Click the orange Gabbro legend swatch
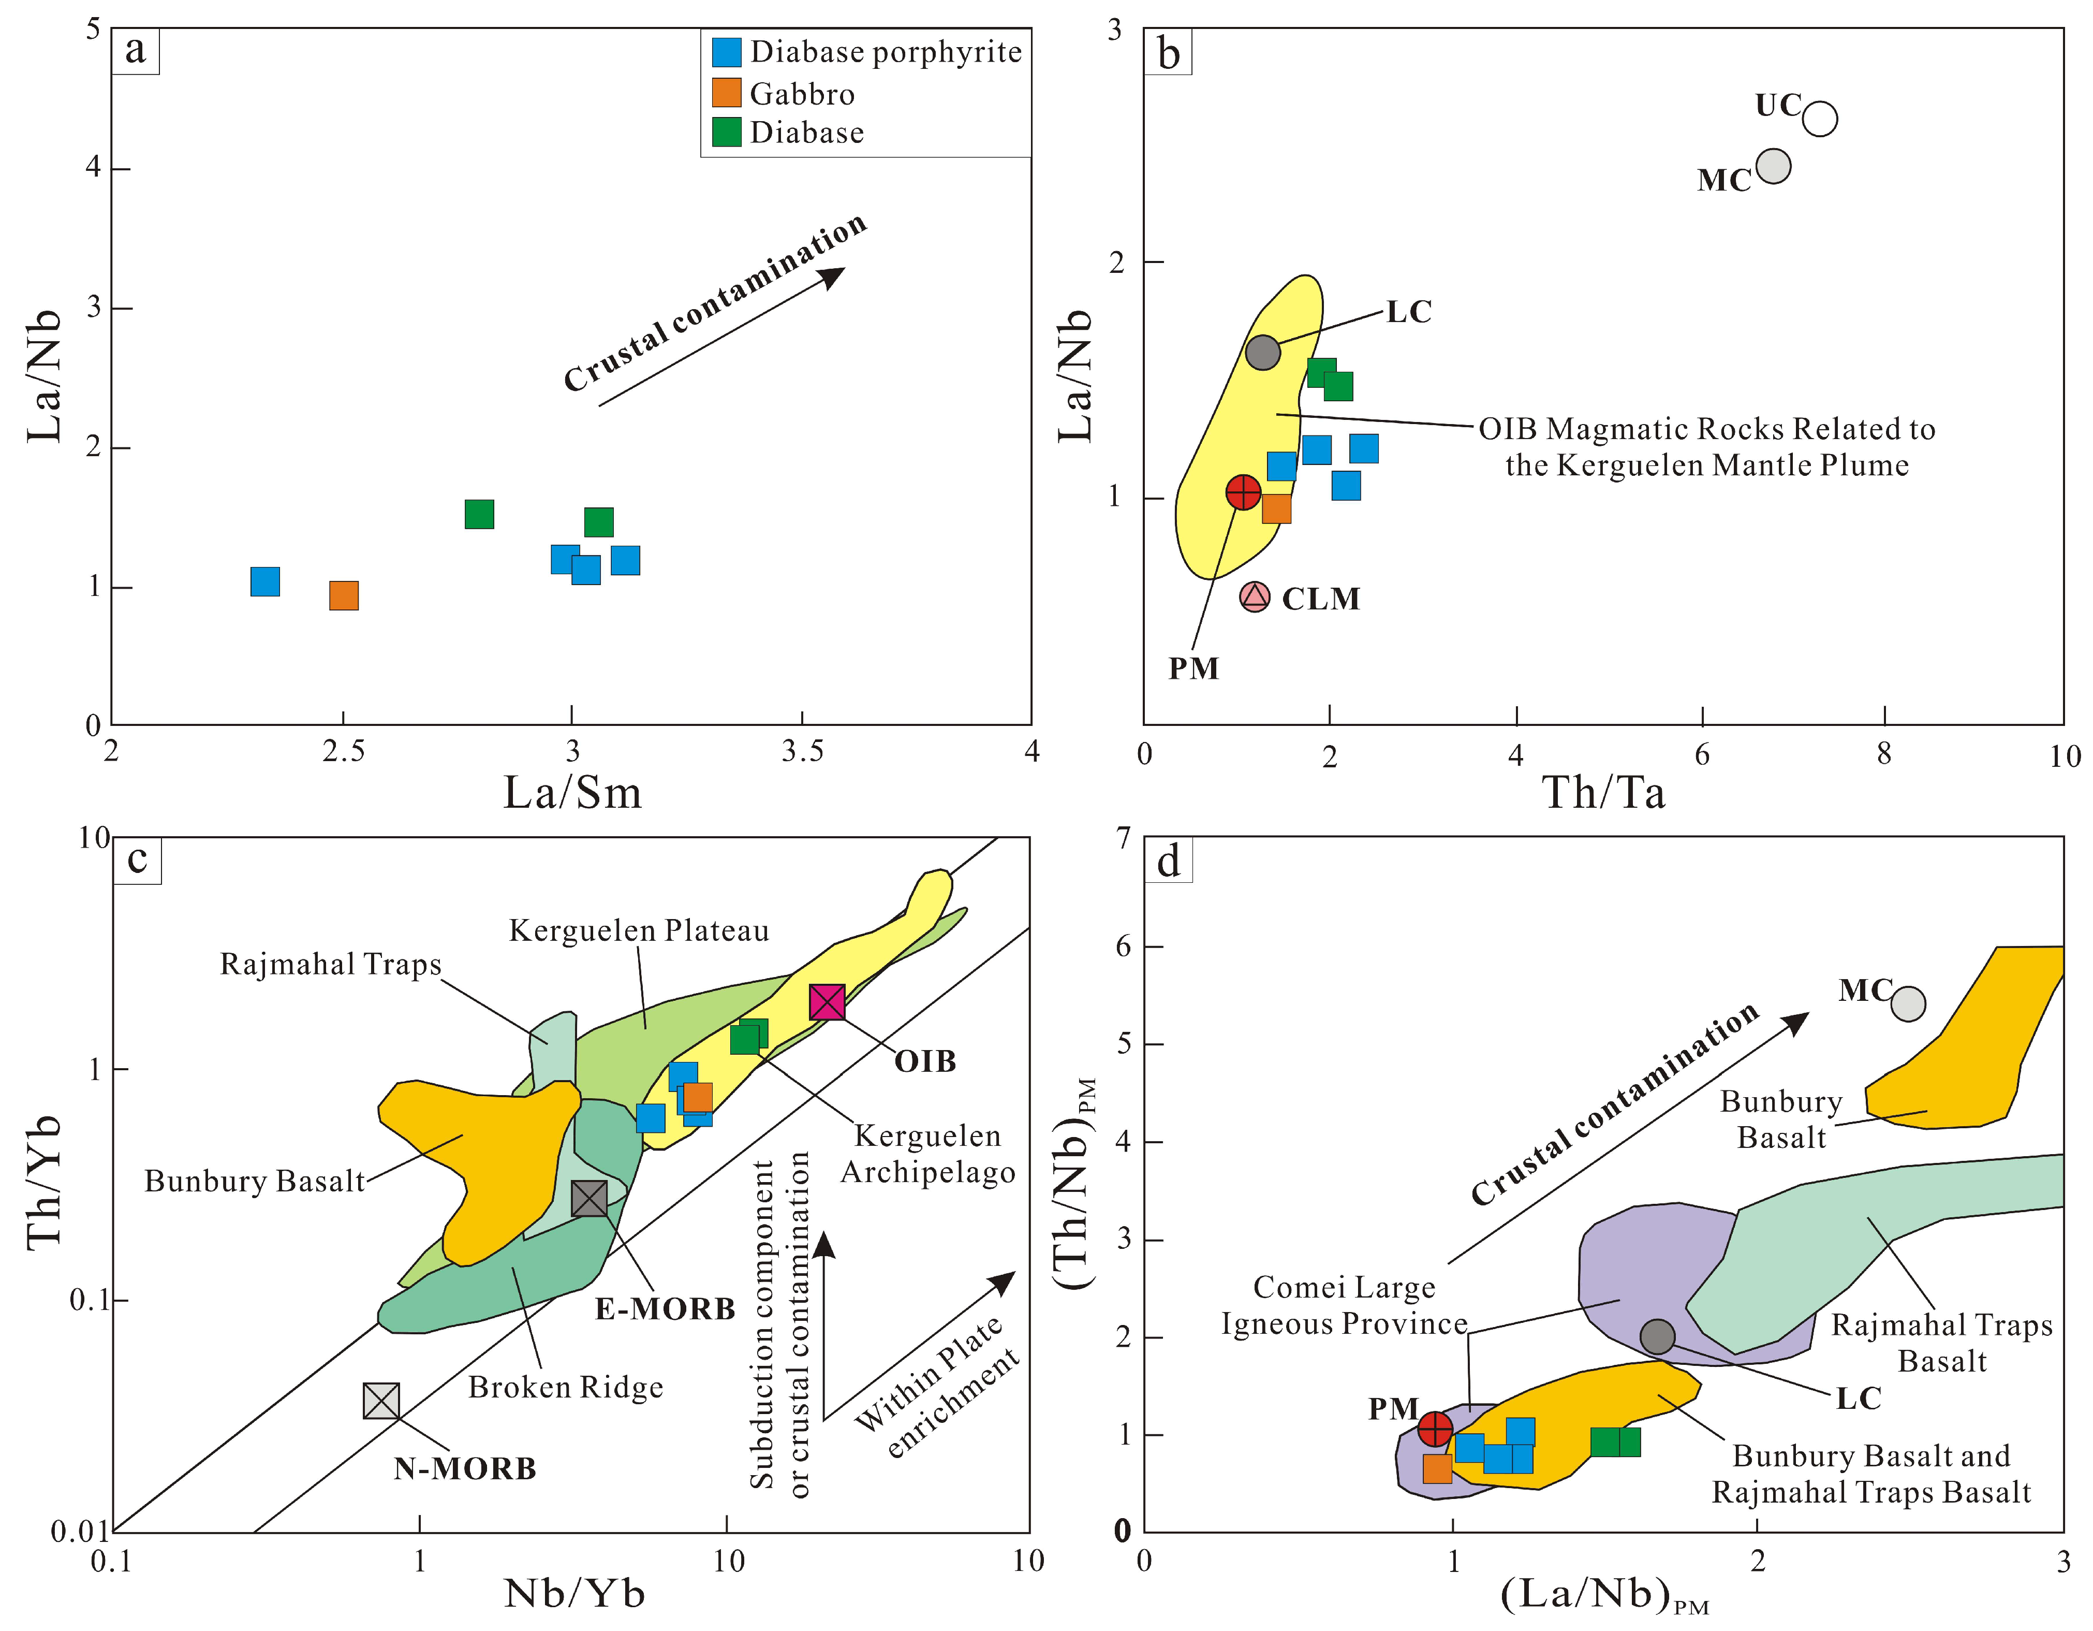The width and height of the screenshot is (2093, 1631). [727, 93]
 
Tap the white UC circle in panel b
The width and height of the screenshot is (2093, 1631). [1819, 119]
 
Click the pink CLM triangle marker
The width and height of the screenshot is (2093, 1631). [1255, 596]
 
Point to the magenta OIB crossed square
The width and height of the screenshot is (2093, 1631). [827, 1002]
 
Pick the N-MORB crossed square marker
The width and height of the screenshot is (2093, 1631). [381, 1401]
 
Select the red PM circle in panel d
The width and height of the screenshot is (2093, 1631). [1435, 1429]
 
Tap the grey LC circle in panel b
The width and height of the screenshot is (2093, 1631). [1262, 352]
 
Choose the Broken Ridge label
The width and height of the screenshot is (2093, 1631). [565, 1387]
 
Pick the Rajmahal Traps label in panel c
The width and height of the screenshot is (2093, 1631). [331, 964]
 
